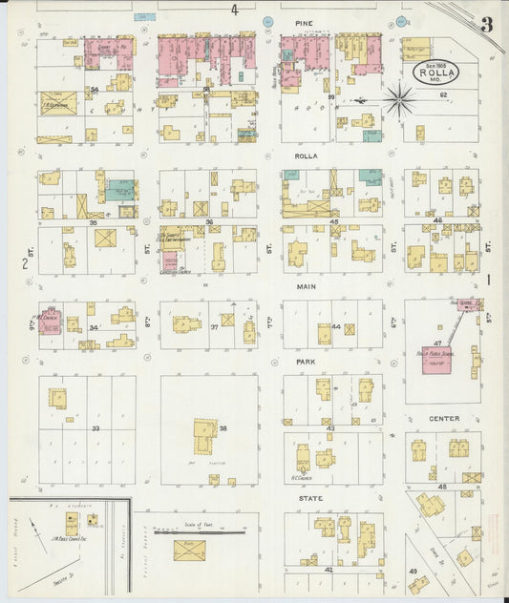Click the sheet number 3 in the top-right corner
(487, 25)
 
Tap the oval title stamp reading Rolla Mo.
(435, 72)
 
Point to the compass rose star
(399, 97)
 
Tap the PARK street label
(306, 363)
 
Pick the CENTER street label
(443, 419)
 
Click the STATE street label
(309, 498)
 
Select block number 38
(223, 428)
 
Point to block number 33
(95, 428)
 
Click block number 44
(335, 327)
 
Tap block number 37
(215, 327)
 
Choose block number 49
(414, 571)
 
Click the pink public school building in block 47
(438, 359)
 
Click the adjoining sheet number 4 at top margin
(234, 10)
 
